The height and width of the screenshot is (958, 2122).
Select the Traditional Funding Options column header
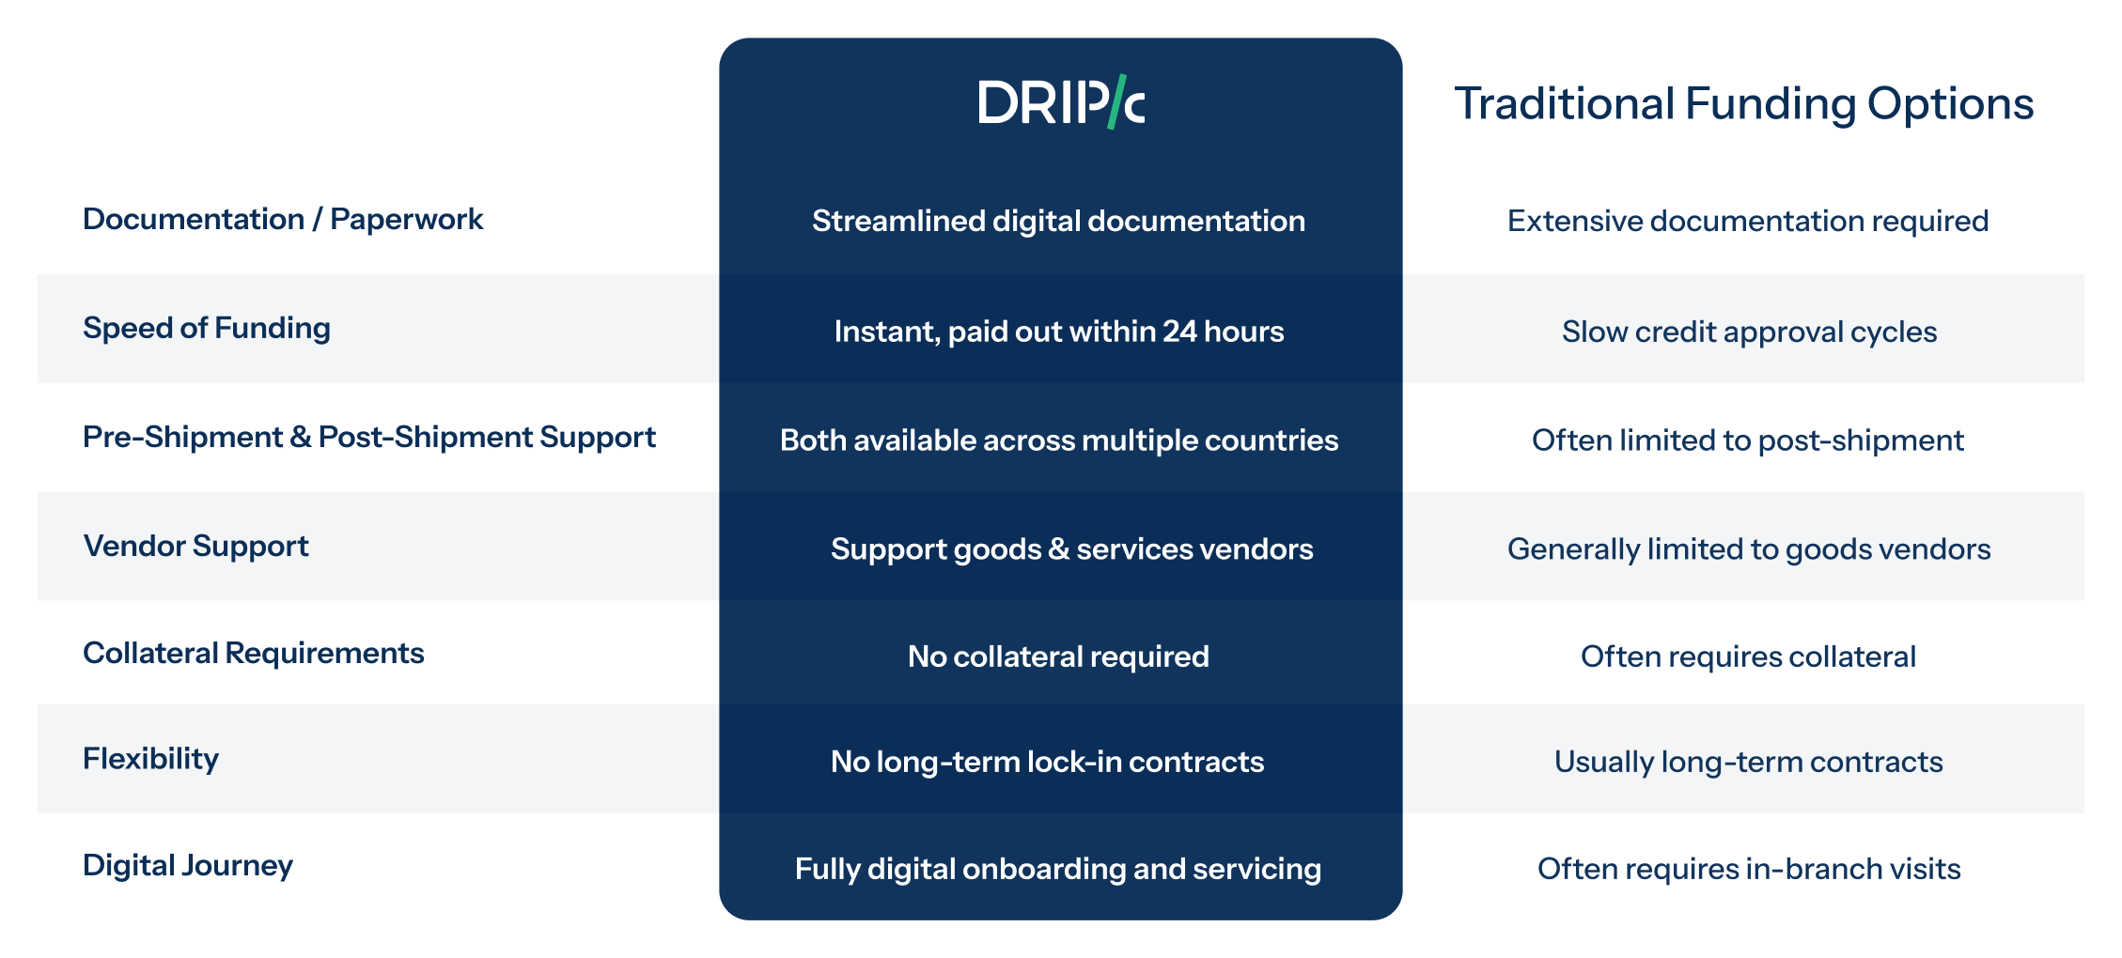click(x=1744, y=104)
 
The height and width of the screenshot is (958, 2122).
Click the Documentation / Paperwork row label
click(x=283, y=219)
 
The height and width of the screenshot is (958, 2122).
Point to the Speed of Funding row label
click(x=207, y=328)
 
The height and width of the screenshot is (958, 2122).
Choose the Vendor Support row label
click(x=196, y=546)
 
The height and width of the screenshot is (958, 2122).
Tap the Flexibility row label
click(x=150, y=758)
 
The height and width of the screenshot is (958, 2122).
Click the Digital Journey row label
click(x=188, y=865)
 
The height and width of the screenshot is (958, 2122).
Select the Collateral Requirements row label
click(x=254, y=653)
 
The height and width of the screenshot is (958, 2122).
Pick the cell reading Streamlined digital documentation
click(x=1059, y=221)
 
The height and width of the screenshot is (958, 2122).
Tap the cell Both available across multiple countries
click(x=1059, y=440)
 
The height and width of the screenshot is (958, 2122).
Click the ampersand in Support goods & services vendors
click(x=1059, y=549)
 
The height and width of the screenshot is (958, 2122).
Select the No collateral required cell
click(x=1059, y=657)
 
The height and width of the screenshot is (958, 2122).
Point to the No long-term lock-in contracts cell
click(x=1048, y=762)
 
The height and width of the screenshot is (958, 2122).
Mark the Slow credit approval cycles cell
click(x=1750, y=332)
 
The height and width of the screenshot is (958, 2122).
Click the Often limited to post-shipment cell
click(x=1748, y=440)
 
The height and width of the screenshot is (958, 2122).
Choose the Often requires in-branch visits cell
click(x=1749, y=869)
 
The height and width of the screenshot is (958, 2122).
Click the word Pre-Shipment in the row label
click(x=182, y=437)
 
